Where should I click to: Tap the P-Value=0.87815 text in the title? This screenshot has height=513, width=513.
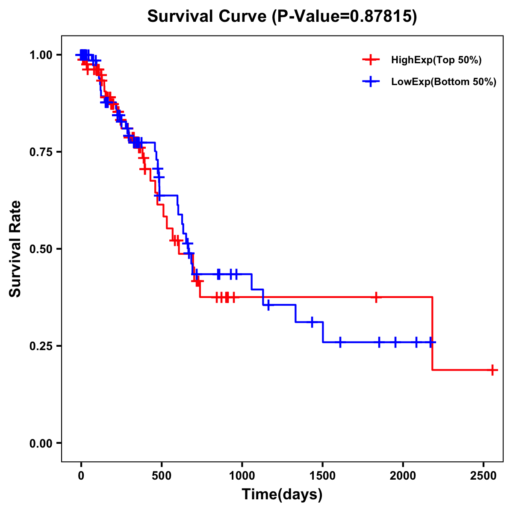(344, 17)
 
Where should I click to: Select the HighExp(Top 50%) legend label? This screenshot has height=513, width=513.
(436, 60)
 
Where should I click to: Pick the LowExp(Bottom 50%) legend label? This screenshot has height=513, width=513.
(443, 82)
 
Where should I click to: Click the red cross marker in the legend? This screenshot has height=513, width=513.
(371, 60)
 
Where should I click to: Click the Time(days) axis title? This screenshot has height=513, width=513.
(282, 495)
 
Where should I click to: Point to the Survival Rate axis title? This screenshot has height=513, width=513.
(15, 249)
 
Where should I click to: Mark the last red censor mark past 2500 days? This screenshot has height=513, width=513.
(492, 370)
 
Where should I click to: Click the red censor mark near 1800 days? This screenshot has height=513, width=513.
(376, 297)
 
